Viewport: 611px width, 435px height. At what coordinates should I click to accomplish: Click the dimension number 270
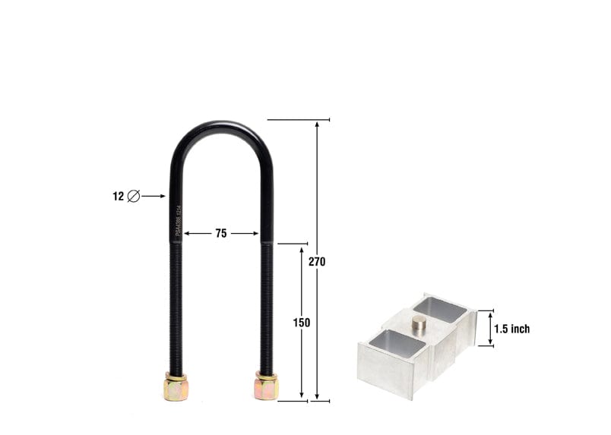pyautogui.click(x=317, y=262)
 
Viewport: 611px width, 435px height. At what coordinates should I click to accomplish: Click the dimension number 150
pyautogui.click(x=302, y=323)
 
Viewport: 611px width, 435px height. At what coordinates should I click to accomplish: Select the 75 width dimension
pyautogui.click(x=220, y=234)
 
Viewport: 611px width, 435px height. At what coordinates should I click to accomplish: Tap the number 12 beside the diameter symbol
pyautogui.click(x=118, y=196)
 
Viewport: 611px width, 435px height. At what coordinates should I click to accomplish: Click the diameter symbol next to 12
pyautogui.click(x=134, y=196)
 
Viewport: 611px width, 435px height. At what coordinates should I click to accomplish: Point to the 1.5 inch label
pyautogui.click(x=511, y=329)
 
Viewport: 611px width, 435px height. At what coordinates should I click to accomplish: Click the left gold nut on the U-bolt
pyautogui.click(x=175, y=387)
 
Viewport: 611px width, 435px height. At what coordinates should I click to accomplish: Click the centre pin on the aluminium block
pyautogui.click(x=419, y=324)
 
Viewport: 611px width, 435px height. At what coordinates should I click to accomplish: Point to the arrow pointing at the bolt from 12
pyautogui.click(x=154, y=196)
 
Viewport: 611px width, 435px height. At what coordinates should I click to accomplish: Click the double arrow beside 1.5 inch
pyautogui.click(x=490, y=329)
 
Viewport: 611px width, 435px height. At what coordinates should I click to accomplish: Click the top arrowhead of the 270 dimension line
pyautogui.click(x=317, y=124)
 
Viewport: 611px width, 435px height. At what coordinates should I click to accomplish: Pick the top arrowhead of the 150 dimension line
pyautogui.click(x=302, y=248)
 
